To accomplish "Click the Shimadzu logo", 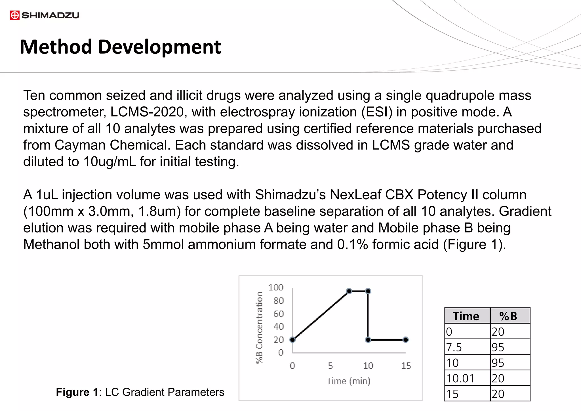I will tap(45, 15).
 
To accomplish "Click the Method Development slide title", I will tap(120, 47).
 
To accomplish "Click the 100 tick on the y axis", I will tap(276, 288).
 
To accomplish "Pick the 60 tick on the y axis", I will tap(278, 314).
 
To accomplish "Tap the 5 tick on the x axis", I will tap(330, 366).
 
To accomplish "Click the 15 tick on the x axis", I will tap(406, 366).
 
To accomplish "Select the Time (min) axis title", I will tap(348, 381).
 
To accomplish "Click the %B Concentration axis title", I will tap(259, 327).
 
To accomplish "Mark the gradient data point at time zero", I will tap(292, 340).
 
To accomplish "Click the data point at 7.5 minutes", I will tap(349, 291).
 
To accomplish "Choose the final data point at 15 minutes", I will tap(406, 340).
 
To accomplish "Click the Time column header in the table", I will tap(466, 316).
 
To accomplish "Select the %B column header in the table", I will tap(508, 316).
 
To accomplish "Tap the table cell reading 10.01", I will tap(460, 378).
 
